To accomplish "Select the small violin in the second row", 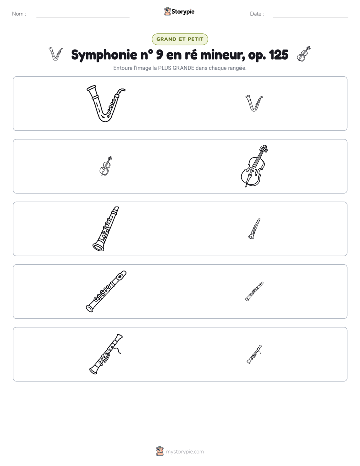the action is click(105, 166).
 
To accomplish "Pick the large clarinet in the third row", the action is click(106, 229).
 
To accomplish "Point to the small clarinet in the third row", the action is click(254, 229).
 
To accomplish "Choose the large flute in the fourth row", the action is click(106, 292).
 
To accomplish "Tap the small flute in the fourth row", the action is click(254, 292).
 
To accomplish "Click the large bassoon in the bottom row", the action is click(105, 355).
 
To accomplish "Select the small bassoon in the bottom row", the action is click(254, 354).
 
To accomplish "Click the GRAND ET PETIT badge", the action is click(180, 39).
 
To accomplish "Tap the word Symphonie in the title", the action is click(104, 55).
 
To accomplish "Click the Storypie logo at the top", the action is click(179, 11).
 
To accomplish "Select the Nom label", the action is click(19, 14).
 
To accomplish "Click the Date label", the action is click(257, 14).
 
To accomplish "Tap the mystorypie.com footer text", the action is click(185, 452).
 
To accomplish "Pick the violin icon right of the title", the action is click(304, 54).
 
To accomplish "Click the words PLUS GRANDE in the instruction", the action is click(176, 68).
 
